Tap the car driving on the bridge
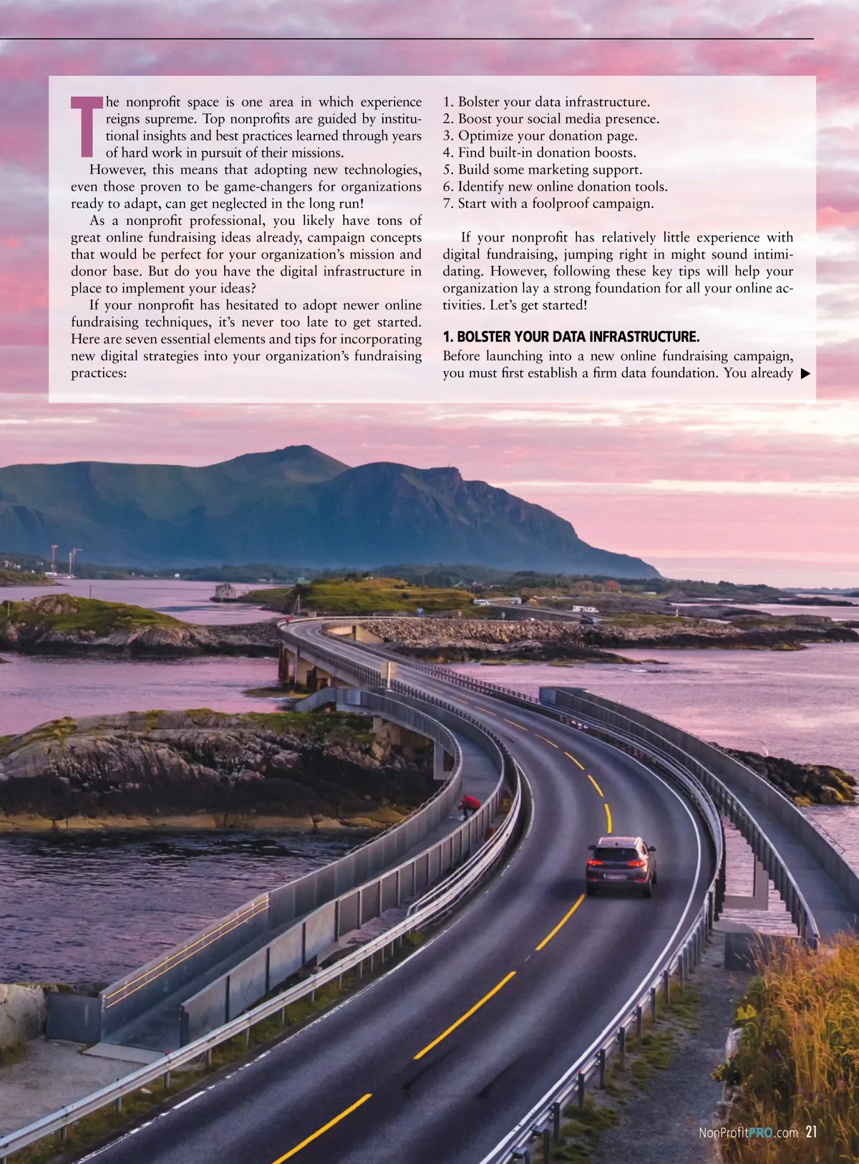pos(621,865)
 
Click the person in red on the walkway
pos(470,805)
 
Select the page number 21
pos(811,1132)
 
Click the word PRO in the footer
pos(761,1133)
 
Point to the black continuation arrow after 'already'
pos(805,373)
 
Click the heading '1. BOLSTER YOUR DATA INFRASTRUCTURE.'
pos(571,337)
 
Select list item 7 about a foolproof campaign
pos(548,203)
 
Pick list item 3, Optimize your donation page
pos(540,136)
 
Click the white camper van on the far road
pos(584,609)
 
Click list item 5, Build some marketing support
pos(542,170)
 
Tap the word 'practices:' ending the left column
pos(99,373)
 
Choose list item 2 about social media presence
pos(550,119)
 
